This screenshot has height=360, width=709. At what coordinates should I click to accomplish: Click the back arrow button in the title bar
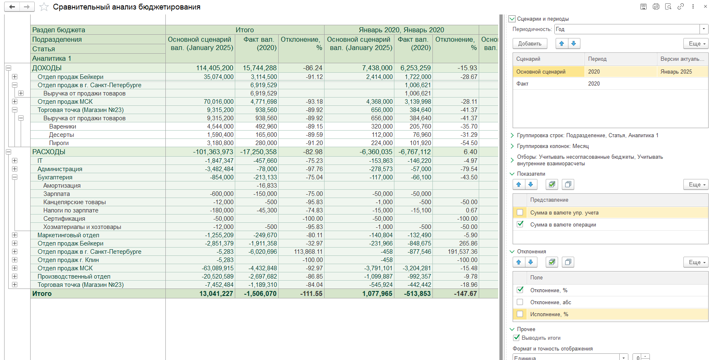[12, 7]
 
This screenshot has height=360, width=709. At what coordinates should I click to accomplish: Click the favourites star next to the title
[44, 7]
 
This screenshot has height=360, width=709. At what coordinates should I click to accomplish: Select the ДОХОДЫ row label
[47, 68]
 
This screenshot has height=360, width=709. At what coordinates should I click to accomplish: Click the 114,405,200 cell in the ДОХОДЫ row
[215, 68]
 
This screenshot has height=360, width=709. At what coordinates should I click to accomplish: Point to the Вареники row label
[62, 126]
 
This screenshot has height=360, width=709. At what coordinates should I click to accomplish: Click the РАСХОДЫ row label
[49, 152]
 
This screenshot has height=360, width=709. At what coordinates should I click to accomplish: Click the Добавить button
[530, 43]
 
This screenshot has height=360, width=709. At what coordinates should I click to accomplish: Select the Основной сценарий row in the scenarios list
[541, 72]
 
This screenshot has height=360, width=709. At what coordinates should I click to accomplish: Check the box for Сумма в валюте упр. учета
[520, 212]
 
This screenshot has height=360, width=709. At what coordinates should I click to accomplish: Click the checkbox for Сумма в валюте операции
[520, 224]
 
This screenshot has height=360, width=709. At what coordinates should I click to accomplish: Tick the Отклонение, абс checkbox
[520, 302]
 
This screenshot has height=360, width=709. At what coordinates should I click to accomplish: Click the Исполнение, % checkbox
[520, 314]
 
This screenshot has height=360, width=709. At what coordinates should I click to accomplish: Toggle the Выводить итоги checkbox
[516, 338]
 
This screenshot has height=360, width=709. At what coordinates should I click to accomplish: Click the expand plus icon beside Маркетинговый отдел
[15, 235]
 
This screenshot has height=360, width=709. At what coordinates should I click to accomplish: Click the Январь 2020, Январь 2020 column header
[401, 30]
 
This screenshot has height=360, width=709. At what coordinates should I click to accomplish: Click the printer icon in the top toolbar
[656, 7]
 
